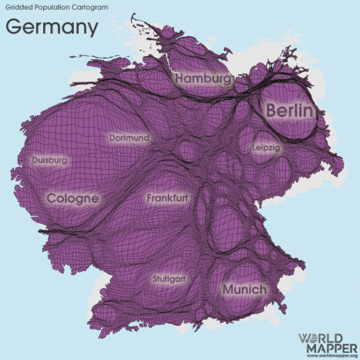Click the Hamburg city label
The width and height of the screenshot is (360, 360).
point(203,79)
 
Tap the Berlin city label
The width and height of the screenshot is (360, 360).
point(289,111)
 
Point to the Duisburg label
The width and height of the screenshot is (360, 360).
point(49,159)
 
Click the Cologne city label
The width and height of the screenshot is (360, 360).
point(73,198)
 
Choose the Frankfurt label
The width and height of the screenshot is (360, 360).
point(168,197)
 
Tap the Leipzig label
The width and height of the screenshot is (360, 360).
point(266,149)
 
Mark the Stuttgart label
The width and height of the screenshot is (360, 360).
point(168,279)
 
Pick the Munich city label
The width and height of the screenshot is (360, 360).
point(244,289)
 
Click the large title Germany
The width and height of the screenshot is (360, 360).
point(52,27)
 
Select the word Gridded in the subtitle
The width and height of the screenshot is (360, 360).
point(19,8)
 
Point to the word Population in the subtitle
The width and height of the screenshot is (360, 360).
point(52,8)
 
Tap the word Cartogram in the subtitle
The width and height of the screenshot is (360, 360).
point(90,8)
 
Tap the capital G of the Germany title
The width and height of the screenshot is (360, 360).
point(14,27)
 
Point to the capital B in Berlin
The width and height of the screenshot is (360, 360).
point(271,111)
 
